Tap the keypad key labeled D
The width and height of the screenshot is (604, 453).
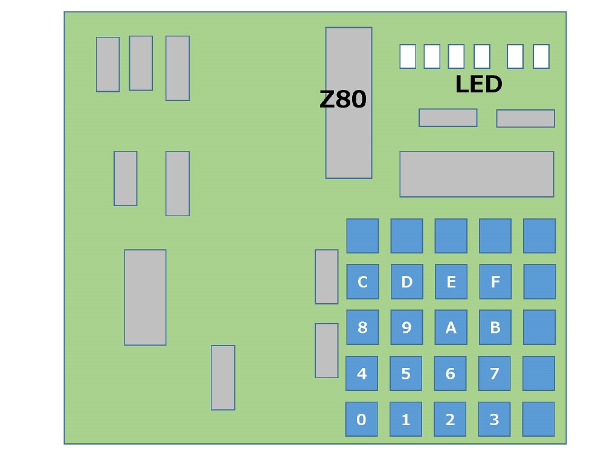point(406,281)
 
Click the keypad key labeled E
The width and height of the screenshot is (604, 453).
point(451,281)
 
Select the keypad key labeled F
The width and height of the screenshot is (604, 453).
point(495,281)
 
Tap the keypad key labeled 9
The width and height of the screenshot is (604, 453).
point(406,327)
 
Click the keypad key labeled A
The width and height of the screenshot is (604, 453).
point(451,327)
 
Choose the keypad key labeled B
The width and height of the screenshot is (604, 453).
point(495,327)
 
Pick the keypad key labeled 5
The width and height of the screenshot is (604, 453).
point(406,373)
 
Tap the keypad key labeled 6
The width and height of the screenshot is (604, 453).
point(450,373)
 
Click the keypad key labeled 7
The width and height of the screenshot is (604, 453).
point(494,373)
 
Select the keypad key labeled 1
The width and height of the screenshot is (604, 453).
point(406,419)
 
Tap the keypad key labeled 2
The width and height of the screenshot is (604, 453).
point(450,419)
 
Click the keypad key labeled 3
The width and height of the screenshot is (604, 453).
point(494,419)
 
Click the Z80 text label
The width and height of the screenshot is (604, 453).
point(342,99)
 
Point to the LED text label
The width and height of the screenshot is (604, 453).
point(478,85)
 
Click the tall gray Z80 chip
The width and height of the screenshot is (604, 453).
point(349,145)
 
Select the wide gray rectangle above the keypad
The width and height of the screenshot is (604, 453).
point(477,174)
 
